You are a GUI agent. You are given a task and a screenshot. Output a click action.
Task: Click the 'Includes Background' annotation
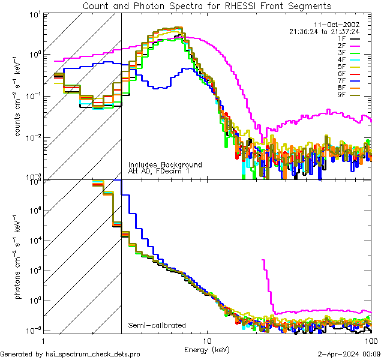point(165,164)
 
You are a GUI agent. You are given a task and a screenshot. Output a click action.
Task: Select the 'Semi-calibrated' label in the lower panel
point(157,326)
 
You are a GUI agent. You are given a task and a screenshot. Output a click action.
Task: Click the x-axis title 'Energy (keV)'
point(207,349)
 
